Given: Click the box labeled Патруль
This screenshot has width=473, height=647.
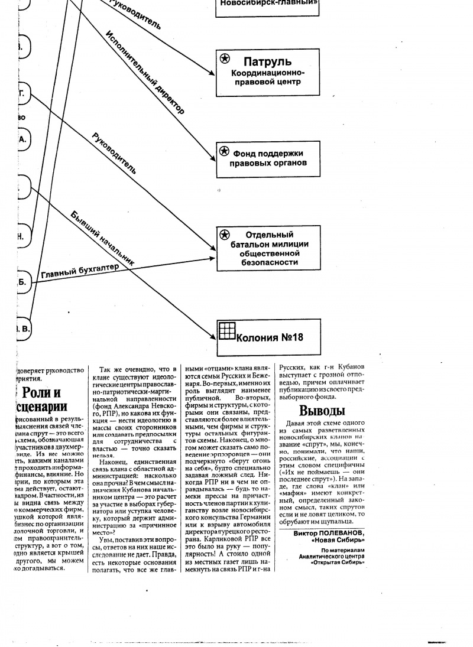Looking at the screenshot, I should pyautogui.click(x=268, y=72).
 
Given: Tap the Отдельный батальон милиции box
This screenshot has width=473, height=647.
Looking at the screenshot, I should pyautogui.click(x=268, y=248).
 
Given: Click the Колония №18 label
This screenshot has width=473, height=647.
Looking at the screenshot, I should pyautogui.click(x=269, y=337).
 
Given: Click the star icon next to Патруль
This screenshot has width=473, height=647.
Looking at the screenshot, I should pyautogui.click(x=225, y=58).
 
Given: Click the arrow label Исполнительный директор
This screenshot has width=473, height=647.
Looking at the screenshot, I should pyautogui.click(x=144, y=71).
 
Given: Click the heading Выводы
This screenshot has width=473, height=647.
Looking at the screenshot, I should pyautogui.click(x=322, y=411).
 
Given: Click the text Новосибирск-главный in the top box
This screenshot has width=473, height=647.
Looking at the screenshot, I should pyautogui.click(x=269, y=3).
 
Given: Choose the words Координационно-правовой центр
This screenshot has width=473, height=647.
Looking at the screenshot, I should pyautogui.click(x=268, y=77).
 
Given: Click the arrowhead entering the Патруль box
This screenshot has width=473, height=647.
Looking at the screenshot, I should pyautogui.click(x=213, y=73).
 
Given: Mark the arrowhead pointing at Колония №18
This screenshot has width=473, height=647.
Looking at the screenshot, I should pyautogui.click(x=213, y=337).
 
